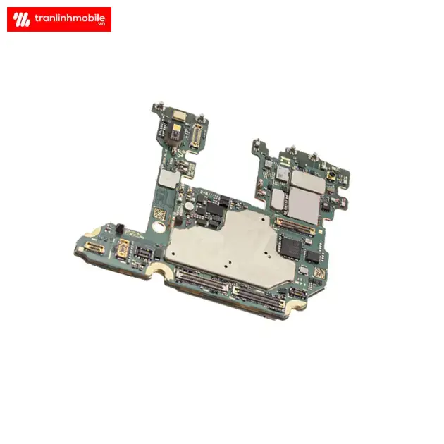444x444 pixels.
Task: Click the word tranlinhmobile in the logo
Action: coord(70,18)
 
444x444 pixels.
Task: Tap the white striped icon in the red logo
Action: coord(21,20)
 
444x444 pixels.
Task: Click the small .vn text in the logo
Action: coord(101,24)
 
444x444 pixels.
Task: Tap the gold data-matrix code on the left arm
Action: coord(159,214)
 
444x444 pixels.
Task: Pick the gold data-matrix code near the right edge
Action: coord(320,273)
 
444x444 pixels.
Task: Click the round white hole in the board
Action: coord(158,227)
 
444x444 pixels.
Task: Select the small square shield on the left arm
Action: coord(169,179)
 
